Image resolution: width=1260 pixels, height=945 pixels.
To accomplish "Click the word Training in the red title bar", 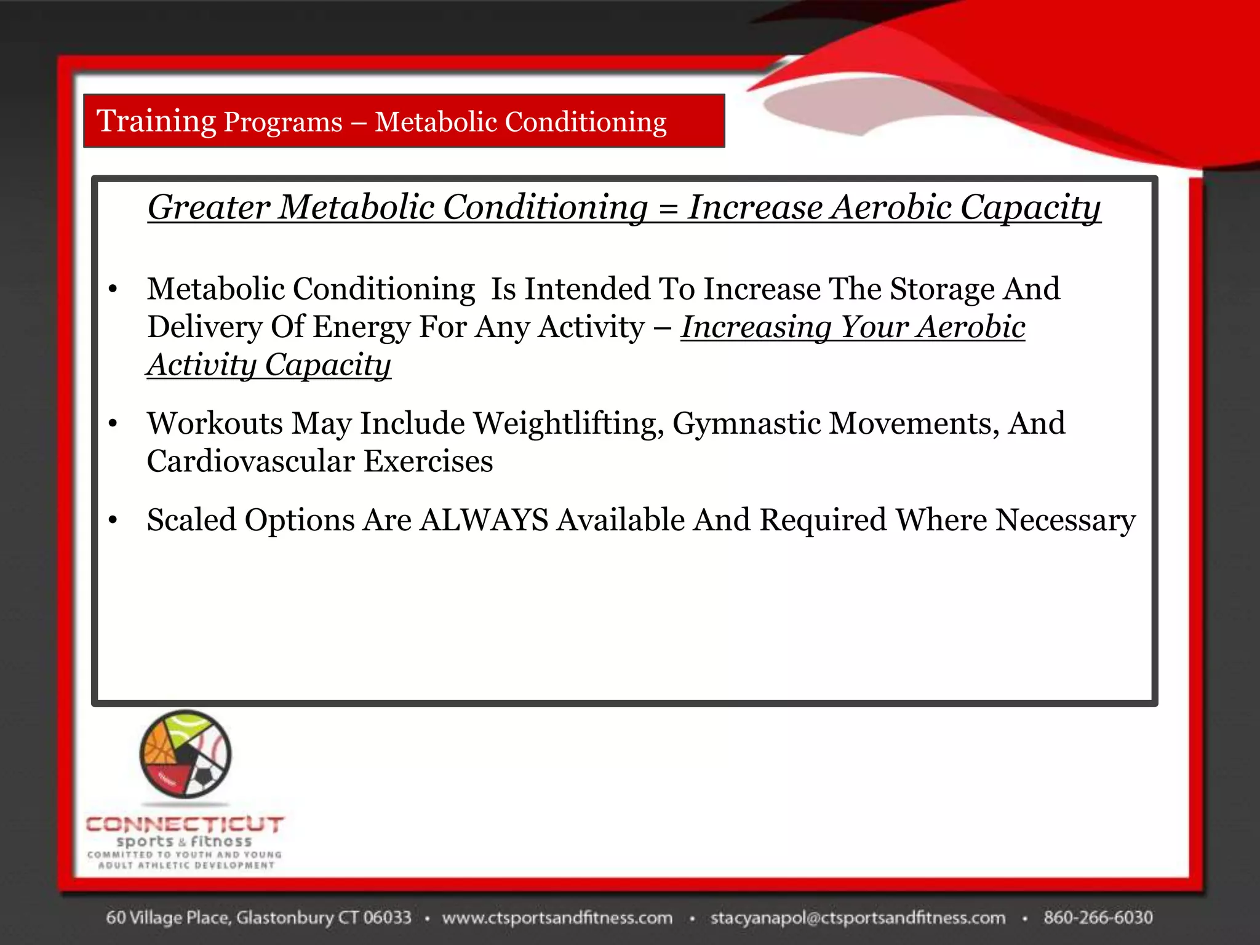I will click(156, 121).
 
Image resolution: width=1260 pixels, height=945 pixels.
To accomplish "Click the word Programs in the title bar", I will click(283, 122).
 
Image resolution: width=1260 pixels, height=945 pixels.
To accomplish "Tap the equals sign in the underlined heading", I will click(668, 208).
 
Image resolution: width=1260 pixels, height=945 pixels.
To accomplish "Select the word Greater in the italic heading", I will click(209, 208).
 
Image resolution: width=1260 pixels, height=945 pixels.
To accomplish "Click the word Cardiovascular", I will click(251, 461).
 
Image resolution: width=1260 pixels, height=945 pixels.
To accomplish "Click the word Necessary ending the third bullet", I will click(1065, 520).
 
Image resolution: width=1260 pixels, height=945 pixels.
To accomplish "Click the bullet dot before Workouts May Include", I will click(113, 424).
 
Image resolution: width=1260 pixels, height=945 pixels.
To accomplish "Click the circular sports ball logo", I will click(185, 754).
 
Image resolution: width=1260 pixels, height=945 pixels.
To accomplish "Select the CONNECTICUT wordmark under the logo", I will click(185, 824).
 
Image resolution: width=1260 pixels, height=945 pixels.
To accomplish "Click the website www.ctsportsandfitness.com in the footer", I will click(557, 918).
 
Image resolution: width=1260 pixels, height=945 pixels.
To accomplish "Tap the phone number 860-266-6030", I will click(1098, 918).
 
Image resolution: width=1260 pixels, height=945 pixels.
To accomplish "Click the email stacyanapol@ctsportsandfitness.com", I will click(858, 918).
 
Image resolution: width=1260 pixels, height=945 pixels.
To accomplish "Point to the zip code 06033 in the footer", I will click(387, 918).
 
